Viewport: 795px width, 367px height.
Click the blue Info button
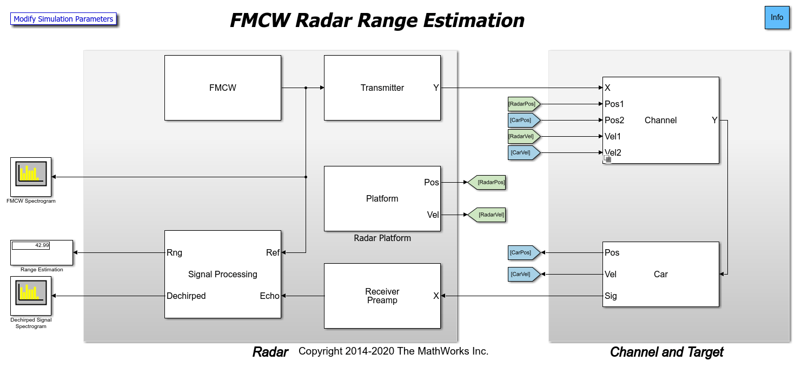[777, 17]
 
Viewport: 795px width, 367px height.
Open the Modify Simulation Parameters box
[63, 19]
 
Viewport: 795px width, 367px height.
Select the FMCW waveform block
[222, 88]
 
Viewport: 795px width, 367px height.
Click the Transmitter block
[382, 88]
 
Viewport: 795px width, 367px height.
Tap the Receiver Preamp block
[382, 296]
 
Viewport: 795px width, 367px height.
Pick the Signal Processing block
[222, 274]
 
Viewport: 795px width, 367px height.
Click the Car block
[660, 274]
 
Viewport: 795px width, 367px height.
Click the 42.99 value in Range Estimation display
[42, 245]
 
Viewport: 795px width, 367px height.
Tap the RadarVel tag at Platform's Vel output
[489, 215]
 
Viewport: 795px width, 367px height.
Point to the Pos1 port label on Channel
[614, 104]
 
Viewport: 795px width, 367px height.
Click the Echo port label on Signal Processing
[270, 296]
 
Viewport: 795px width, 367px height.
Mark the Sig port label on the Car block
[611, 296]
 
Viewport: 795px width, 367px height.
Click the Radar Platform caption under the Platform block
[382, 238]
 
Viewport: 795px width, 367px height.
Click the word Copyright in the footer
[319, 351]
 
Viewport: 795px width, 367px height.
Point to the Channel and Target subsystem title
[666, 352]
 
